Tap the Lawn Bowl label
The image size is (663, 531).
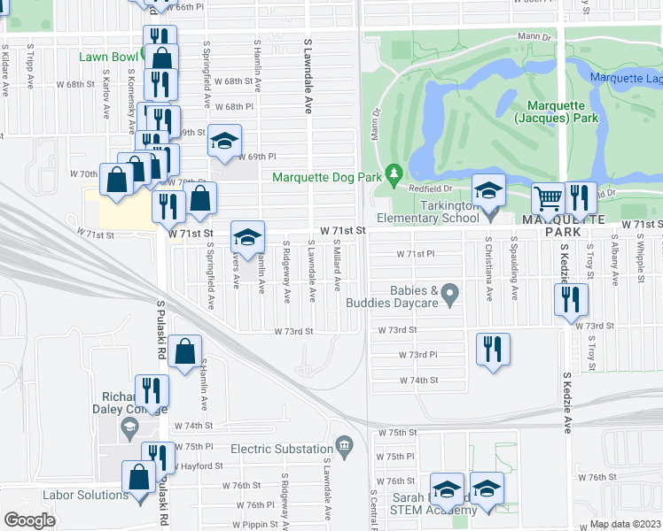[105, 57]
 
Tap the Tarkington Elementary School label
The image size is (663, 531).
[428, 218]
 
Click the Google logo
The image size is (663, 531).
[29, 519]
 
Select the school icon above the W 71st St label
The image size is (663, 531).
[247, 236]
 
